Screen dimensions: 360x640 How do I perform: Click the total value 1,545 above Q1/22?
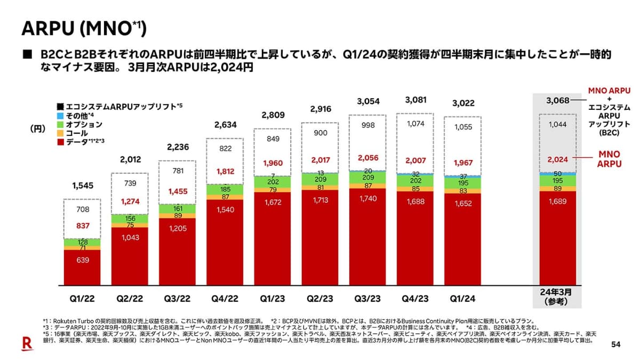(82, 186)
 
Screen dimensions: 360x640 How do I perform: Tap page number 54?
(615, 345)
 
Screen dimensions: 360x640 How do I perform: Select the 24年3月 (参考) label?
(557, 297)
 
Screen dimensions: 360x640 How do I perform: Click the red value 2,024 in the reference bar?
(558, 158)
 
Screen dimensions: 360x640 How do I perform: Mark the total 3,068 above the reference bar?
(558, 100)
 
